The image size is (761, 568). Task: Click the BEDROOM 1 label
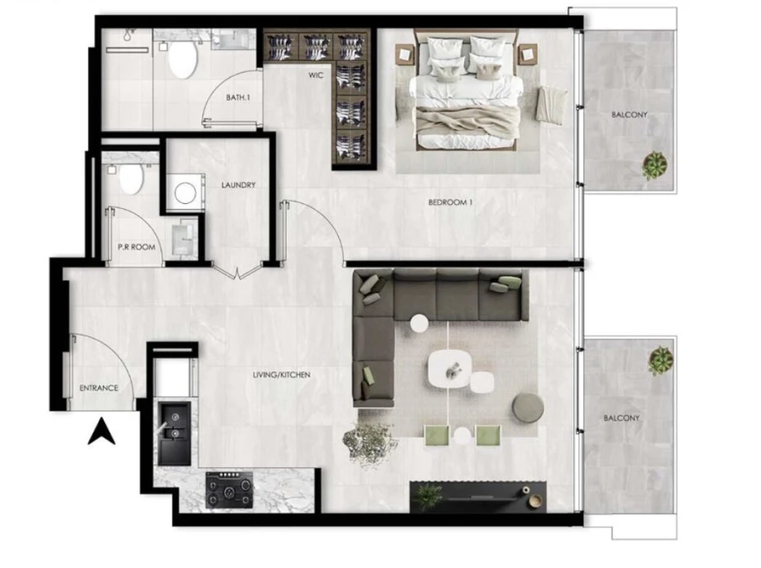450,202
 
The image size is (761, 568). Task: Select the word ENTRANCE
99,389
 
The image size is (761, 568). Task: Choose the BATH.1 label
238,98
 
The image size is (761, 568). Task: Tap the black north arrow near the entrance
101,433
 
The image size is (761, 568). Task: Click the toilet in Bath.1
182,59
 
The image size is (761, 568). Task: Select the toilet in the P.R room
129,179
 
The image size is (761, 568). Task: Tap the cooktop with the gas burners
230,490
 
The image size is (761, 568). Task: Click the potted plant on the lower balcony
660,361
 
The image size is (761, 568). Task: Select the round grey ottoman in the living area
528,408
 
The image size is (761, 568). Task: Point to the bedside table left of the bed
403,55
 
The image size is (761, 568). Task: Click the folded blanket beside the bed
550,105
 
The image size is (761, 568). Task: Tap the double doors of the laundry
238,270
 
